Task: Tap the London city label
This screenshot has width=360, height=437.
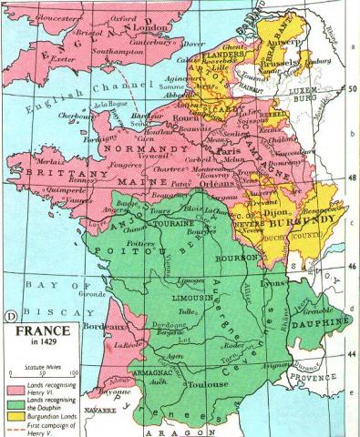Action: (x=151, y=27)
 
